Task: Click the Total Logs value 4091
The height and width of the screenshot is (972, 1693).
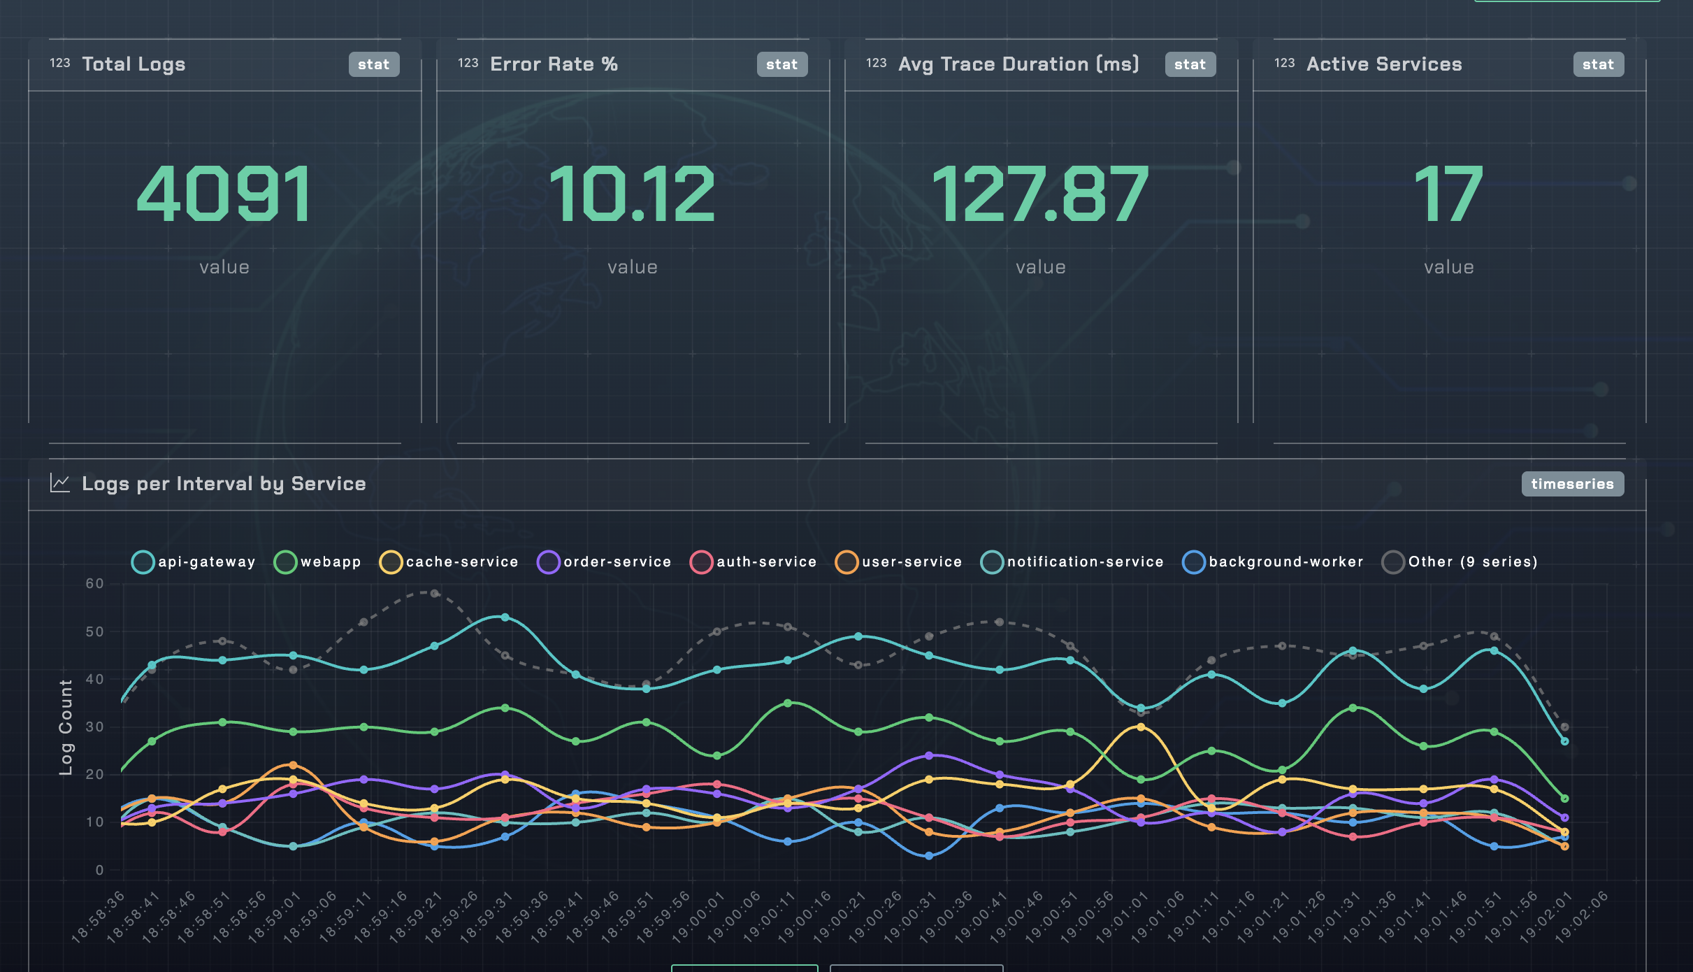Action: tap(224, 194)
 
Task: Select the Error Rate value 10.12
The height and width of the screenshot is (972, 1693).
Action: tap(632, 194)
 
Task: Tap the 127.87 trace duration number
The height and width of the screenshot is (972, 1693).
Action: tap(1040, 194)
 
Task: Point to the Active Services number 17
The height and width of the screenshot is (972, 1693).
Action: tap(1448, 194)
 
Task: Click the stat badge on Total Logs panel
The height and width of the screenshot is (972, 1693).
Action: tap(373, 64)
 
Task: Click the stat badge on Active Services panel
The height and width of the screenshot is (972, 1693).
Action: tap(1598, 64)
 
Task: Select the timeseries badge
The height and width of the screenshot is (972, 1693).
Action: tap(1572, 484)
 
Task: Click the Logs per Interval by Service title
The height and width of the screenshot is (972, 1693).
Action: tap(224, 484)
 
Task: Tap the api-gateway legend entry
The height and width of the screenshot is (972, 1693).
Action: tap(194, 562)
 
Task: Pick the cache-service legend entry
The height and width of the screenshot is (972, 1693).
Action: tap(449, 562)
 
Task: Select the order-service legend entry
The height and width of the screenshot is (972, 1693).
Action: tap(605, 562)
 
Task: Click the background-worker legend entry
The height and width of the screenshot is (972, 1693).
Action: tap(1273, 562)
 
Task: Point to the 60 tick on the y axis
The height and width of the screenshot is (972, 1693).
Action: tap(94, 583)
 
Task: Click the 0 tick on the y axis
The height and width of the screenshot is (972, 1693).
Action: tap(99, 870)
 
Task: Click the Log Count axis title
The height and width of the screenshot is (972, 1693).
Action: tap(66, 727)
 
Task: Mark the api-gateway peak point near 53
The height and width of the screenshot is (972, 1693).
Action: tap(505, 617)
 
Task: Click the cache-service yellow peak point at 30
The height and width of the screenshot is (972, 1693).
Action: tap(1141, 727)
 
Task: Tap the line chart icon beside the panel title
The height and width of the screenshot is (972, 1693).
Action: tap(60, 483)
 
